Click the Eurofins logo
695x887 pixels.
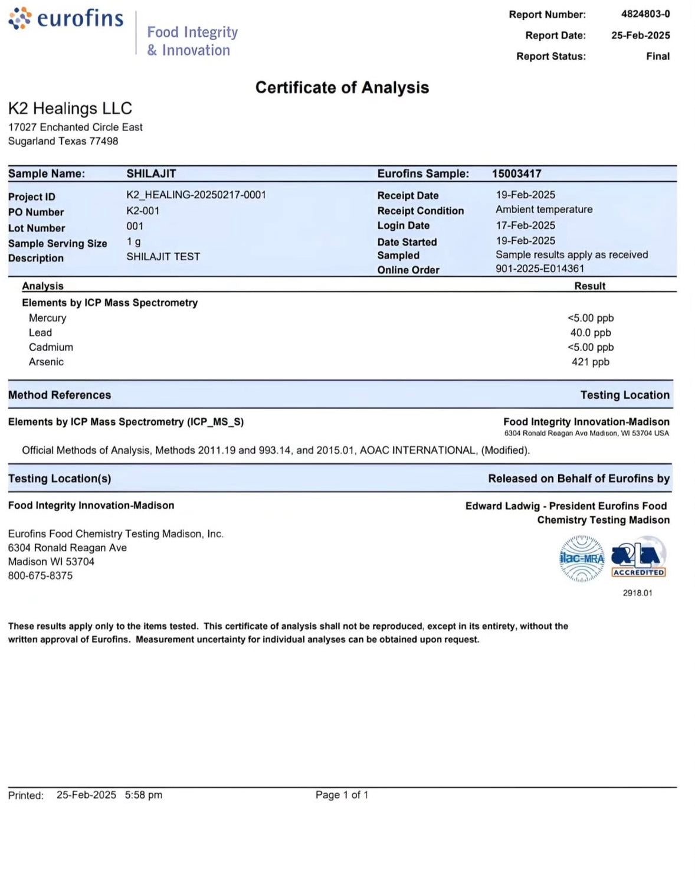tap(66, 19)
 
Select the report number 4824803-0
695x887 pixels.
tap(645, 14)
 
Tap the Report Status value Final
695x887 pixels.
tap(657, 56)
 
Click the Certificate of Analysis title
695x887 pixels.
tap(342, 87)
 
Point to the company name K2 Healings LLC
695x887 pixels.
tap(70, 108)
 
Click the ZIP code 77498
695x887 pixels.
tap(104, 141)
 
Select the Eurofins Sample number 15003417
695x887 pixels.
tap(516, 174)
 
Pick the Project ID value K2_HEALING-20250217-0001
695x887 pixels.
tap(196, 195)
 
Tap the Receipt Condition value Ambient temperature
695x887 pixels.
tap(543, 210)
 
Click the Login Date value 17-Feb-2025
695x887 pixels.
tap(525, 225)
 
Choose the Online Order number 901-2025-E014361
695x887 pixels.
tap(539, 269)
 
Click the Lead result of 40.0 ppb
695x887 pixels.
tap(590, 333)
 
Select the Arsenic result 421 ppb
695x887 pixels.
tap(590, 362)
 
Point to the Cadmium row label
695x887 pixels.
tap(51, 347)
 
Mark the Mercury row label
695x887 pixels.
tap(47, 318)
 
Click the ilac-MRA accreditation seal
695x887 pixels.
tap(582, 558)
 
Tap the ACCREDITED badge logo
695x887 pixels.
tap(638, 557)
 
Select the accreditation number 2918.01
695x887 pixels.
tap(637, 593)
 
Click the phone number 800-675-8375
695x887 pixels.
tap(40, 575)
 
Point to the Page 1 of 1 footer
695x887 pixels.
tap(342, 795)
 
